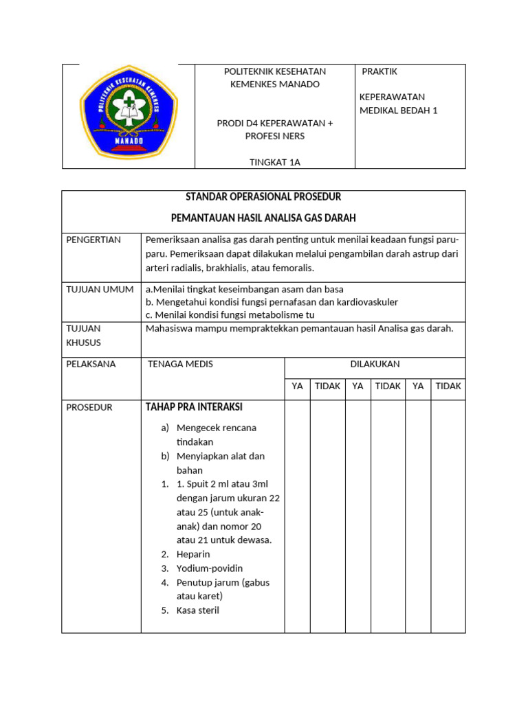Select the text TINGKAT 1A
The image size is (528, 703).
click(x=275, y=162)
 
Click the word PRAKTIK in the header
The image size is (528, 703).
click(x=380, y=71)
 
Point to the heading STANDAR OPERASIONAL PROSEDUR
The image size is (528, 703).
click(x=263, y=198)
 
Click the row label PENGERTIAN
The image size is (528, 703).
click(x=93, y=240)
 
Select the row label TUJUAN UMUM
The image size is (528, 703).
click(x=100, y=289)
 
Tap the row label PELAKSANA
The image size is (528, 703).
click(x=91, y=364)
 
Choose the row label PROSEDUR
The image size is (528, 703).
click(x=89, y=407)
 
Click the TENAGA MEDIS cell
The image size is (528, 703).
click(x=180, y=364)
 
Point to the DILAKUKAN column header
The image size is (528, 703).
click(x=375, y=364)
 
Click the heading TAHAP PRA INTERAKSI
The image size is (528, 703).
click(x=193, y=407)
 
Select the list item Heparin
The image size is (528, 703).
click(x=193, y=554)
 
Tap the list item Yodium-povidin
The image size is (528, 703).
click(x=210, y=568)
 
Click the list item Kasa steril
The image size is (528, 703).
click(x=198, y=610)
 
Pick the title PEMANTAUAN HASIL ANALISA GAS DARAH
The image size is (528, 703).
click(x=263, y=218)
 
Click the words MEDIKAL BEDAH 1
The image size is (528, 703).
click(x=398, y=111)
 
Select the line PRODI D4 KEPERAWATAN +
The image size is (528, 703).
click(x=275, y=123)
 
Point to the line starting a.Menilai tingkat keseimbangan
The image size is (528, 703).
click(x=244, y=289)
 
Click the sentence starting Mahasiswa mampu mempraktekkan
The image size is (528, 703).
click(x=300, y=328)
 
